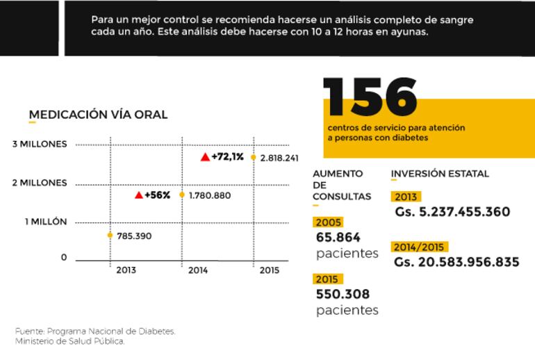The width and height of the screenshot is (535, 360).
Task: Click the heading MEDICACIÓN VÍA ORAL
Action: (x=98, y=115)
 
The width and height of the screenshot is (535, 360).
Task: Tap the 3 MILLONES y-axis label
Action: (x=40, y=144)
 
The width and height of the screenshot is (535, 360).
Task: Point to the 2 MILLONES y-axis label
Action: (x=40, y=183)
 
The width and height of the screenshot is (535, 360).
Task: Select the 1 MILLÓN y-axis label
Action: (x=46, y=222)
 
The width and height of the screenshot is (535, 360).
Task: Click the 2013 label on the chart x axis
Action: (x=126, y=270)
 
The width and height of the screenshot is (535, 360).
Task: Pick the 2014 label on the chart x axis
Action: (x=199, y=270)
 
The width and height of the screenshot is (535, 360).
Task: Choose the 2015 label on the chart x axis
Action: (x=269, y=270)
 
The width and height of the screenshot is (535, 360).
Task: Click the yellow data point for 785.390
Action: (x=110, y=236)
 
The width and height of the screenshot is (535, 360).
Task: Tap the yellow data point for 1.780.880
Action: (x=182, y=195)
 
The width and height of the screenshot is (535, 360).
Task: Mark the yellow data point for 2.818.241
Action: (x=254, y=158)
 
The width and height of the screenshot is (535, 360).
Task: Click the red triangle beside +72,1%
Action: (x=205, y=157)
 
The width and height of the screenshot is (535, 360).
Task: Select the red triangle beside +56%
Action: (x=139, y=195)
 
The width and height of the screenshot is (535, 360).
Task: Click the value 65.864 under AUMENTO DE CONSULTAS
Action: (x=338, y=238)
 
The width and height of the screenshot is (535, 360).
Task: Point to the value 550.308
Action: (x=343, y=294)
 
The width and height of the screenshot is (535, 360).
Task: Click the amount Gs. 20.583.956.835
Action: (x=456, y=262)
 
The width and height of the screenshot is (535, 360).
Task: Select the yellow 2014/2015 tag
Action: (x=420, y=247)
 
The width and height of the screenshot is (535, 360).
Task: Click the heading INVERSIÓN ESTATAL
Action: (x=440, y=174)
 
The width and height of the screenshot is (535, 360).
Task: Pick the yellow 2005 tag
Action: (x=328, y=222)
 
